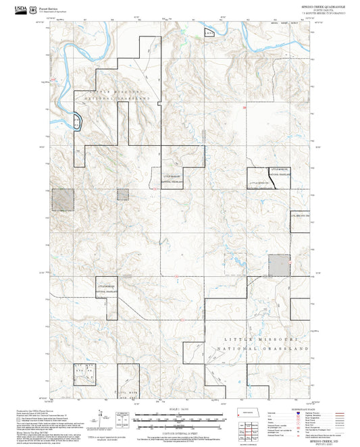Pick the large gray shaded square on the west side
tap(63, 200)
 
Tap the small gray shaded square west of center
tap(122, 194)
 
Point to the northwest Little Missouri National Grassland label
tap(120, 95)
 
